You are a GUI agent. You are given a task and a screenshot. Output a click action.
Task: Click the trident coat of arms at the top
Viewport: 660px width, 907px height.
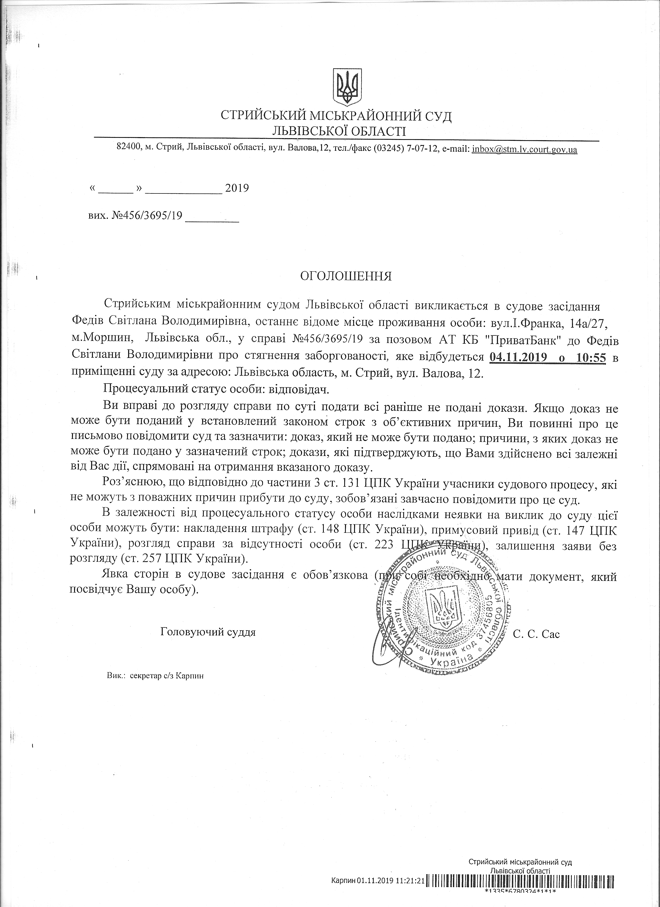pos(347,87)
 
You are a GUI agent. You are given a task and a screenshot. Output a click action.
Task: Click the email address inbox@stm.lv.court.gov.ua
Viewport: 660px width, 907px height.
pos(524,149)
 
